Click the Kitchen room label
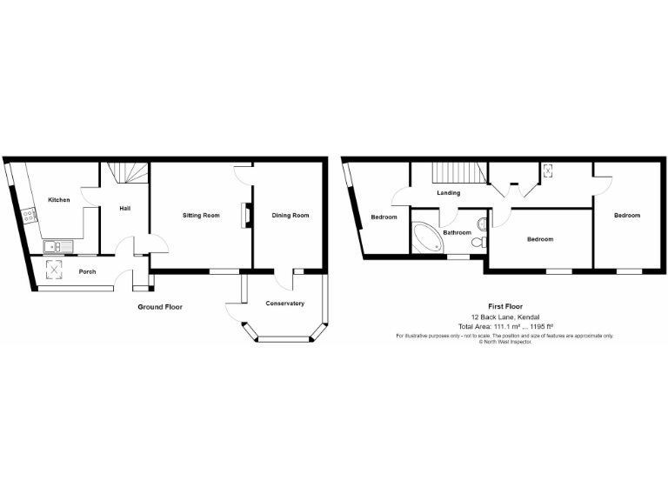[x=59, y=200]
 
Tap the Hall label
[x=125, y=209]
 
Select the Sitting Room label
[x=200, y=215]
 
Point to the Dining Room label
[x=290, y=215]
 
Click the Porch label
[x=87, y=271]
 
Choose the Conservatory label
[x=284, y=303]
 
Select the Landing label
[x=449, y=193]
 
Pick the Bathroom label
[x=457, y=233]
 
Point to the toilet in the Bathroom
[x=477, y=245]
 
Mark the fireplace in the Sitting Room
[x=246, y=215]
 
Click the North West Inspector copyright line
[x=504, y=341]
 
